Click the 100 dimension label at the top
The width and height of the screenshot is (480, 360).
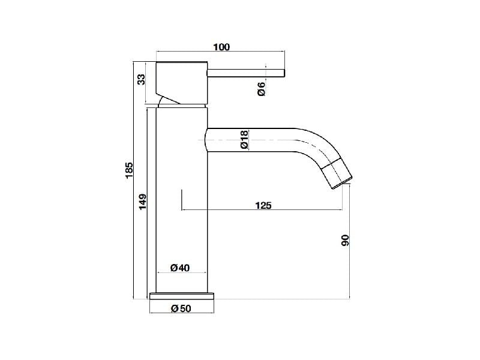pos(221,47)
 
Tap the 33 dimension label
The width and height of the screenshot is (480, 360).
pos(141,80)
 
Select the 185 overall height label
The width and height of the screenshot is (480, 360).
pos(129,170)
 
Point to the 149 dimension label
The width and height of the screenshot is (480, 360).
pos(143,202)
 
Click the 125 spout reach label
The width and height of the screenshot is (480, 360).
pos(263,205)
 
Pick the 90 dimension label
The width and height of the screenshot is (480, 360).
pos(345,241)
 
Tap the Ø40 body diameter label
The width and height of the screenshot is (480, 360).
pos(180,268)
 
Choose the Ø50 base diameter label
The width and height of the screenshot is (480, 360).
pos(181,308)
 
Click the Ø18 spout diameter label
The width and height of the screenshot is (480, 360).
pos(244,140)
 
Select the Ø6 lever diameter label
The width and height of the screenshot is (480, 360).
pos(262,89)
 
